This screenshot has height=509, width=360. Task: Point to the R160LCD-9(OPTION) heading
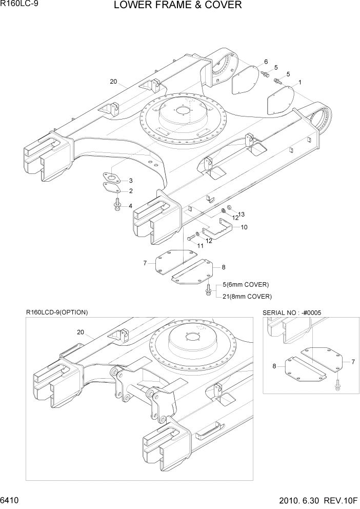(x=57, y=312)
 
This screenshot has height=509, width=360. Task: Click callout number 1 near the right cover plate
(x=299, y=82)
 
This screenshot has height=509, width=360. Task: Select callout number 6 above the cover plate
(x=266, y=62)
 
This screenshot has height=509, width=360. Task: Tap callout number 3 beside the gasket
(x=130, y=181)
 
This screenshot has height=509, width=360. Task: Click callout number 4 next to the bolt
(x=130, y=206)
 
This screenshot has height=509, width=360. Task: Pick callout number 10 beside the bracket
(x=244, y=227)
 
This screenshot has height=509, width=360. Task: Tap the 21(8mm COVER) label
(x=247, y=296)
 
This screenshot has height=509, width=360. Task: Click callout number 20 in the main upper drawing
(x=113, y=81)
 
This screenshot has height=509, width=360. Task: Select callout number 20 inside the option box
(x=81, y=332)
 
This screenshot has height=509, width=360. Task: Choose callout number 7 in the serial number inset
(x=353, y=362)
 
